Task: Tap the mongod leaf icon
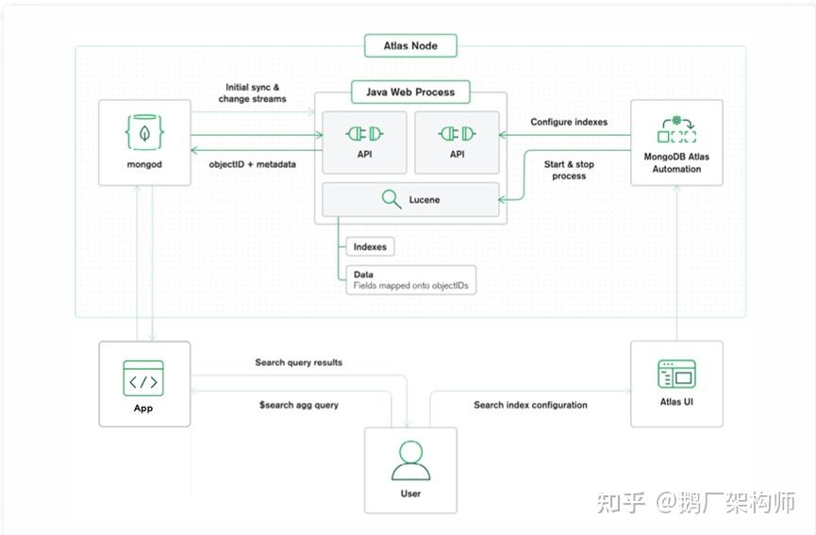144,131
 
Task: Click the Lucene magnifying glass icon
391,199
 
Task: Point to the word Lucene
425,200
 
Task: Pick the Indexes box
370,247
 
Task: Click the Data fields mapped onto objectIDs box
410,280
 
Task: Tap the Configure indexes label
569,122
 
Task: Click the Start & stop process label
569,170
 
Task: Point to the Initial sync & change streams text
252,92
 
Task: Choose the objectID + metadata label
252,164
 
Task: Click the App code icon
143,378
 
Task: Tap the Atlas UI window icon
676,375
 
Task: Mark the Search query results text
298,362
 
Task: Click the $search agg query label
298,405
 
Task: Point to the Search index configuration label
530,405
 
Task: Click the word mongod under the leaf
144,163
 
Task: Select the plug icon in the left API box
363,133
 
